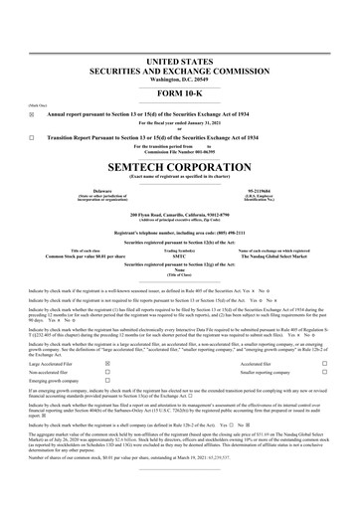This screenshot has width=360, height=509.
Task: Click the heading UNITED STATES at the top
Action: coord(179,34)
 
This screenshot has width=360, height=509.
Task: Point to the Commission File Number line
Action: coord(179,151)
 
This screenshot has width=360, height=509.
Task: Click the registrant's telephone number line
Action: coord(179,229)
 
